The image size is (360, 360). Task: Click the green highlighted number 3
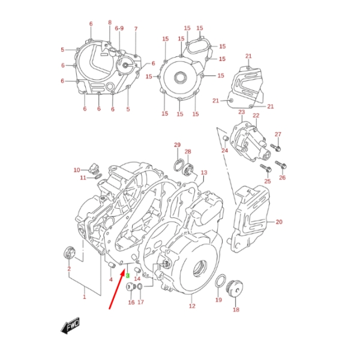point(128,275)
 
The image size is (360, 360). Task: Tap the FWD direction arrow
point(70,325)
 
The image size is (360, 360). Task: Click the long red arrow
point(117,290)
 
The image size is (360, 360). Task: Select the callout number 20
point(279,222)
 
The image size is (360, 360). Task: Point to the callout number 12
point(192,306)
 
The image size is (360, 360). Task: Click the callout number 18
point(236,310)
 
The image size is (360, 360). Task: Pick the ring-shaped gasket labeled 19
point(221,281)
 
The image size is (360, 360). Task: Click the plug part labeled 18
point(234,289)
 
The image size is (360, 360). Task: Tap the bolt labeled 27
point(275,148)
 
